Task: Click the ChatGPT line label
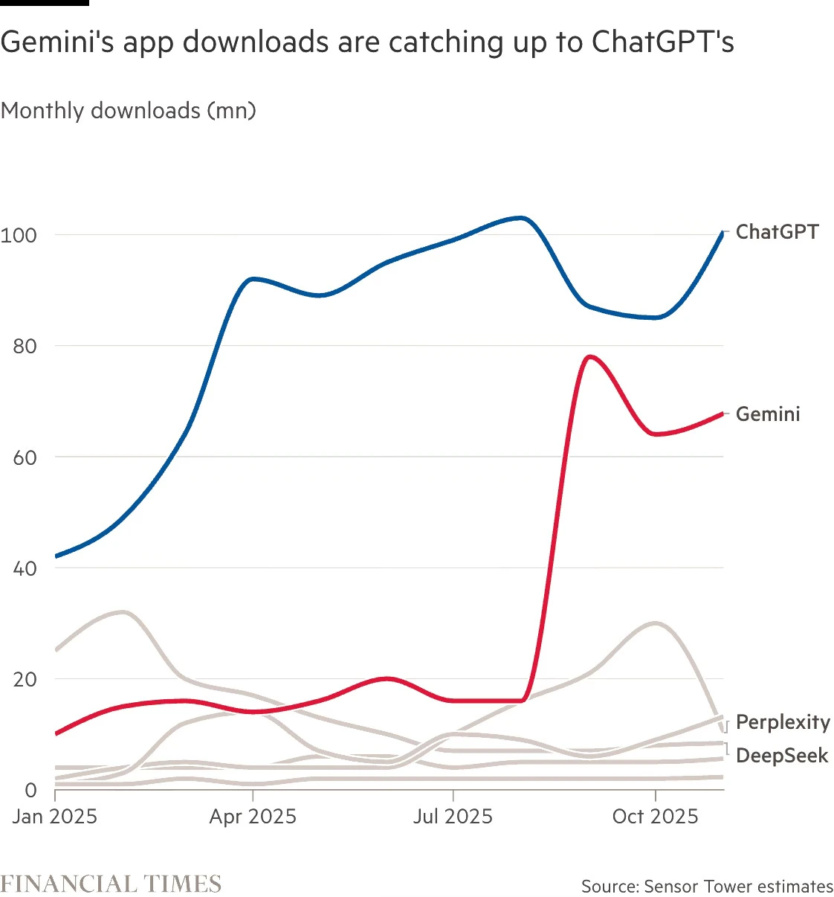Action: click(777, 232)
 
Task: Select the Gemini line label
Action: click(768, 414)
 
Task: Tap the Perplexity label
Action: click(783, 722)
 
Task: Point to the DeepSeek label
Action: click(782, 756)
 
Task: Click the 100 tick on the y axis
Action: click(19, 236)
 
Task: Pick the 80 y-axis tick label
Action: click(25, 347)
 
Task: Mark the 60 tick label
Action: click(25, 457)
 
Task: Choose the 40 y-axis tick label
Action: click(25, 569)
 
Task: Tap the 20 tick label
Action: click(25, 680)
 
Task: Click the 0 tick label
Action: click(30, 791)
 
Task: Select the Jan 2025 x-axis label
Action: click(55, 817)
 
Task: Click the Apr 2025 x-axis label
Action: click(253, 817)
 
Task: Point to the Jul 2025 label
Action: click(453, 817)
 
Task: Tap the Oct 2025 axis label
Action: click(655, 817)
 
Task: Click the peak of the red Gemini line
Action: click(590, 357)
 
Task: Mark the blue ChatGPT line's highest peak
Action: click(522, 218)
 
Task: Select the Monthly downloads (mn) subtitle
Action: click(129, 111)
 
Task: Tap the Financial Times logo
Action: click(111, 884)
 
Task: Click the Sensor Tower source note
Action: click(707, 887)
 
